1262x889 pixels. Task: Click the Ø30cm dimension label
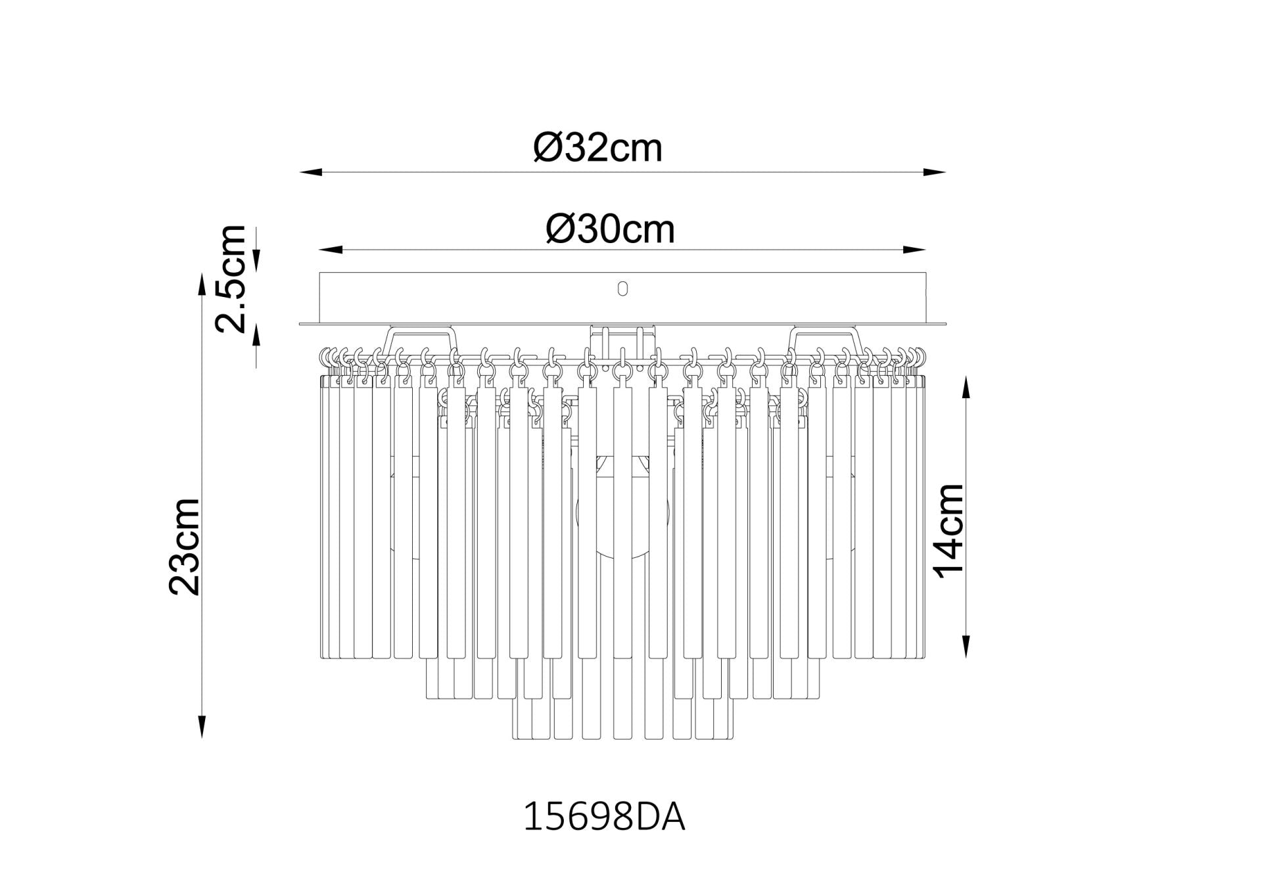click(610, 229)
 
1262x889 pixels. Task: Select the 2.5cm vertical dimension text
click(231, 278)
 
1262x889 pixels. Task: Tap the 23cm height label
click(184, 547)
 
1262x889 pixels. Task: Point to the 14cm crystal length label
click(949, 531)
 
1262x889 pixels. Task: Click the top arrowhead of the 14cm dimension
click(966, 388)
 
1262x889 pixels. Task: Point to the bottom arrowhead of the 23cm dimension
click(202, 725)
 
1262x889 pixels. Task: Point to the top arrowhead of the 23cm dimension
click(202, 285)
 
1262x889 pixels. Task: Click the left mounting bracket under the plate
click(421, 338)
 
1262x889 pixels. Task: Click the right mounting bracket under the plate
click(825, 338)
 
